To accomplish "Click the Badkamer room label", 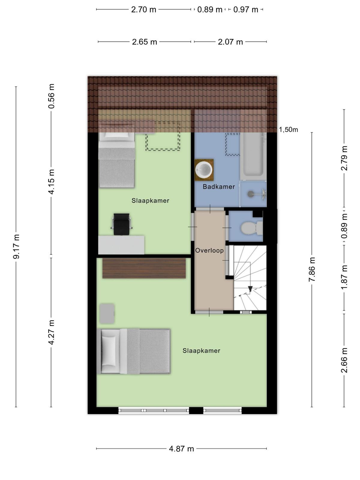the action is (x=219, y=187).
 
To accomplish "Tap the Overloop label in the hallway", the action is (x=209, y=250).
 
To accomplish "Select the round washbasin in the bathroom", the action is (x=204, y=170).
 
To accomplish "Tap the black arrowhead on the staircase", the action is (x=250, y=289).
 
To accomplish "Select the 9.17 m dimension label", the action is (x=16, y=247).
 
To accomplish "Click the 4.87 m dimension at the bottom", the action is (x=181, y=449).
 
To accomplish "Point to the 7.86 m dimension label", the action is (x=312, y=269).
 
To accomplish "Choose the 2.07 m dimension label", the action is (x=230, y=42).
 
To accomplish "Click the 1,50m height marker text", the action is (x=288, y=130).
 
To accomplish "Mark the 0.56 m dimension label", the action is (x=51, y=96).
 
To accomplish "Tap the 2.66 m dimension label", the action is (x=344, y=360).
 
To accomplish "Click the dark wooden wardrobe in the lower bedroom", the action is (x=144, y=268).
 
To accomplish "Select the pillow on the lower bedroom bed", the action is (x=109, y=351).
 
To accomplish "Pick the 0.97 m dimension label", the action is (x=246, y=10).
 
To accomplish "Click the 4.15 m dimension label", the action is (x=51, y=182).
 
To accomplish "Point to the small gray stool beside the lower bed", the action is (x=107, y=313).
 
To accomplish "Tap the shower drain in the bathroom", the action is (x=250, y=193).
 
